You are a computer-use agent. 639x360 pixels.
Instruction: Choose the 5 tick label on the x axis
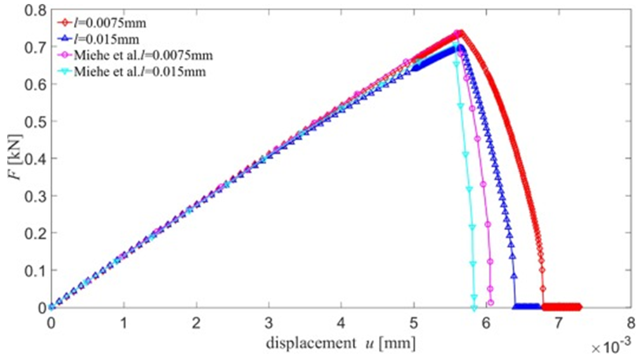414,323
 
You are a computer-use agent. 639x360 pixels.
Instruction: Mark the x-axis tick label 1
124,323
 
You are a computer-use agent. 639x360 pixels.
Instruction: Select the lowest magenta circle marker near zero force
490,302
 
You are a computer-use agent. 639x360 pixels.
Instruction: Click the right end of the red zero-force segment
580,306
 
